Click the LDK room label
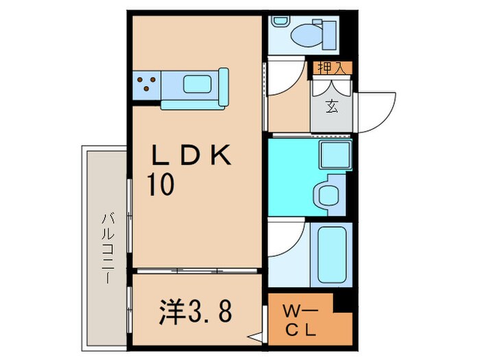click(x=193, y=157)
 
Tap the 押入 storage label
click(x=333, y=68)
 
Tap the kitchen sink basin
click(x=200, y=85)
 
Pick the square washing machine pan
click(x=334, y=156)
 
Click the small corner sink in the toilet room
click(x=279, y=21)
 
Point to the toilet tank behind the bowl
click(x=328, y=32)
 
